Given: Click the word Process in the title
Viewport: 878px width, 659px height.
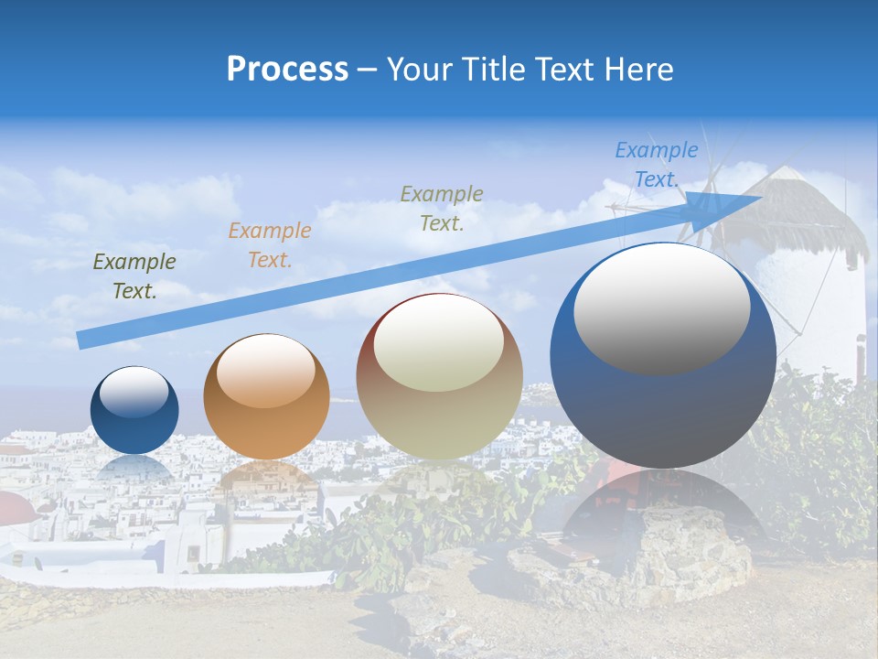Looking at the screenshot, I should [x=287, y=70].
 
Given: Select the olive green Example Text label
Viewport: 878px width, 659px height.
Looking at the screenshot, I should [x=134, y=276].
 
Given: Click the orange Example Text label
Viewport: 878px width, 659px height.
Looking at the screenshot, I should [x=270, y=245].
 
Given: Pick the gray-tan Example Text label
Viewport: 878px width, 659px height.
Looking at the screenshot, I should [x=442, y=209].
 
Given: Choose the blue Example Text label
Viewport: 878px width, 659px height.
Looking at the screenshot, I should [x=656, y=165].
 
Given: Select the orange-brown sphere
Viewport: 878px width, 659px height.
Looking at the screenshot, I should [x=266, y=397].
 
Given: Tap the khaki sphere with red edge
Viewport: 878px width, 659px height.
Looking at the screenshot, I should [x=439, y=377].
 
